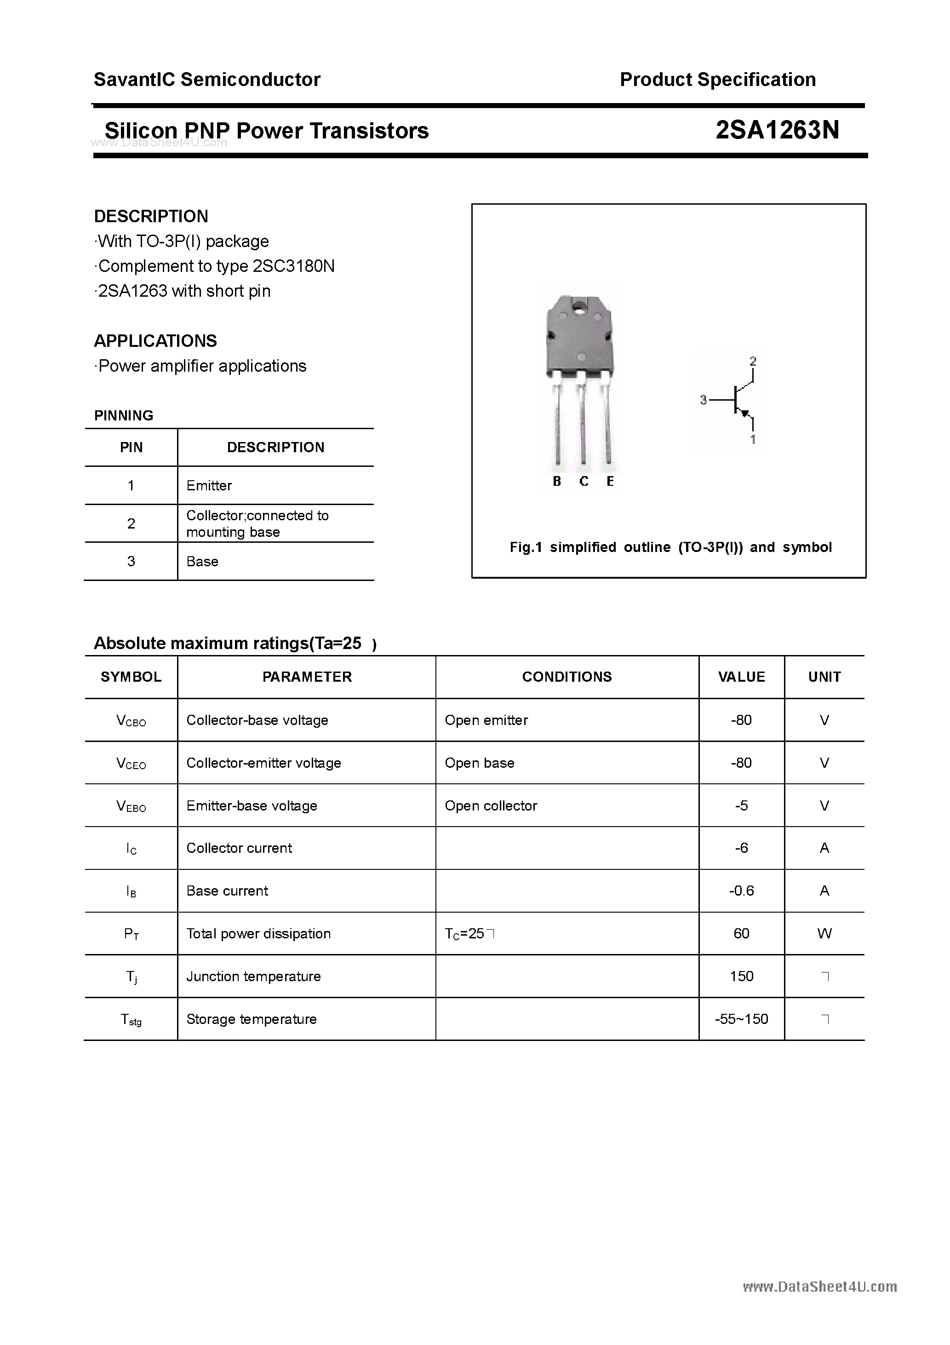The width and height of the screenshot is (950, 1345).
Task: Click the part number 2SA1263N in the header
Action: (777, 130)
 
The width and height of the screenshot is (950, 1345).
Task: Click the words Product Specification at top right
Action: (717, 79)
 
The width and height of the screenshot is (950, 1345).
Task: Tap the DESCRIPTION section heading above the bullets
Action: (151, 216)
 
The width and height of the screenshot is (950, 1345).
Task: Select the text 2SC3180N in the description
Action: (293, 266)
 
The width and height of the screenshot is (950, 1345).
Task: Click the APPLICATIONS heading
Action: (155, 341)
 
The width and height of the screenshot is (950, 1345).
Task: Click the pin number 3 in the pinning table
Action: (131, 561)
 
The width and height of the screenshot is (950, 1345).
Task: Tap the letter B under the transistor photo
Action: (556, 482)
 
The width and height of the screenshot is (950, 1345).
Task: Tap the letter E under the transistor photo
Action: (610, 482)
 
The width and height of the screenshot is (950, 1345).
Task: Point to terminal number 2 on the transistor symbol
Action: (753, 362)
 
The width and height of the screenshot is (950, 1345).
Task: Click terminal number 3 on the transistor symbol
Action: (704, 400)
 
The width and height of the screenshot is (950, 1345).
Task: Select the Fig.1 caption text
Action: (670, 547)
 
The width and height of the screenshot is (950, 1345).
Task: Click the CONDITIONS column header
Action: (567, 677)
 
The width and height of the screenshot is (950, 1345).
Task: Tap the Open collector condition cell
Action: (491, 805)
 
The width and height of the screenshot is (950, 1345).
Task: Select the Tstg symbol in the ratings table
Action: (131, 1019)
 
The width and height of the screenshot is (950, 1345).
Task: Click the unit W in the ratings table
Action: (824, 933)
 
